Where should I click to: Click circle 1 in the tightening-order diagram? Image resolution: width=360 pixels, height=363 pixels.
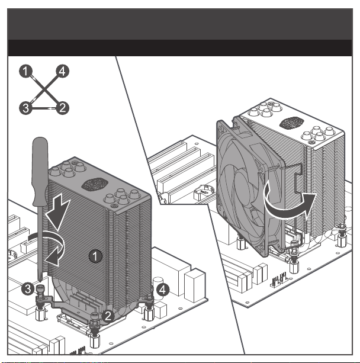point(25,71)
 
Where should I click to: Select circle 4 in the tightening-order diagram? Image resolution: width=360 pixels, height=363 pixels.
point(62,71)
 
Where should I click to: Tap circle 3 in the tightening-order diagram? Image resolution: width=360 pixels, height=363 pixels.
point(25,108)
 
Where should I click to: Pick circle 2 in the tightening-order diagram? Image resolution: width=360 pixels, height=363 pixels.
point(62,108)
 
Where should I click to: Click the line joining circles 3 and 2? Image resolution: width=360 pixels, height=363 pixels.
point(44,108)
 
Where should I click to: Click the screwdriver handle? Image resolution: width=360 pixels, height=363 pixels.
point(40,171)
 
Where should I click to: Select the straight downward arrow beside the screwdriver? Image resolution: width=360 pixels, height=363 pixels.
point(58,212)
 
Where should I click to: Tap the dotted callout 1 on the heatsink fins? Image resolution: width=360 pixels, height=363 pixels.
point(95,256)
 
